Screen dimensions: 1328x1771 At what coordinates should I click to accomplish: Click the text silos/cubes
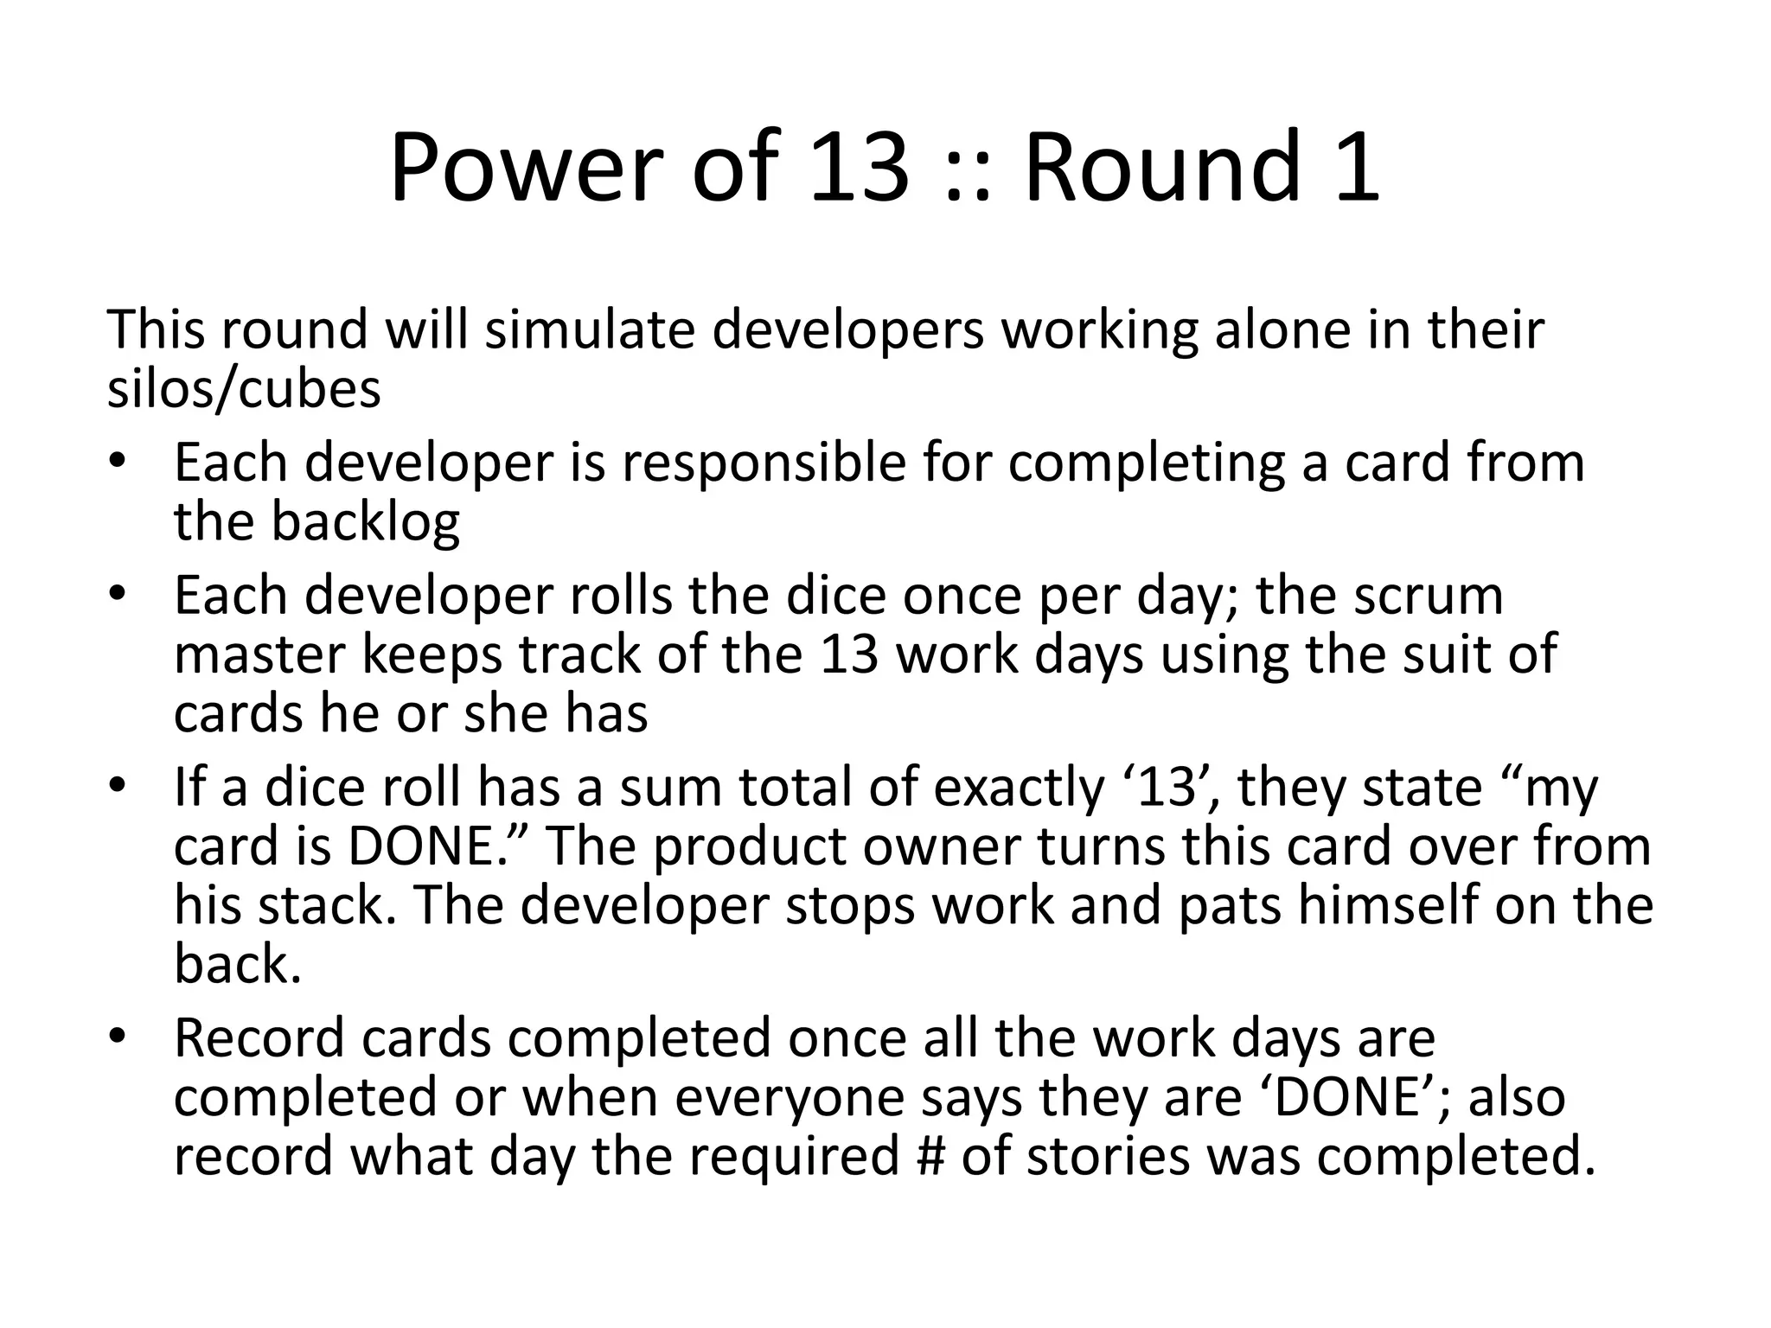(x=244, y=389)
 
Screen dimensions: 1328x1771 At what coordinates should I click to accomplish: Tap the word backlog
(x=366, y=521)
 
